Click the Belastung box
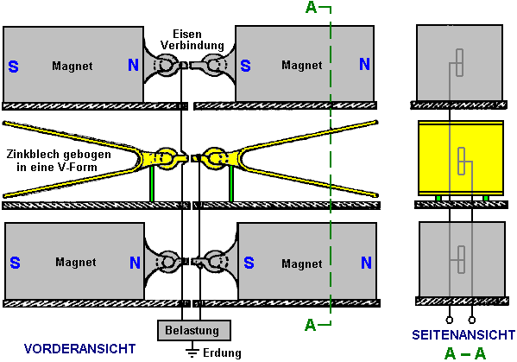pos(194,330)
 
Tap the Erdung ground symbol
pos(192,351)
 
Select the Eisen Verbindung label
pos(192,39)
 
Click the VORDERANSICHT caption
pos(79,349)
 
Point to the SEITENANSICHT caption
pos(463,335)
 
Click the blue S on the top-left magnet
pos(13,67)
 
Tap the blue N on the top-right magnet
pos(364,64)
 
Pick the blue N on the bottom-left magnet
pos(135,263)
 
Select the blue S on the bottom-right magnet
pos(249,263)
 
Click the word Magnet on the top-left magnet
pos(73,66)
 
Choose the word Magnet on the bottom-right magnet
pos(302,264)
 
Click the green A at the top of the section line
pos(311,7)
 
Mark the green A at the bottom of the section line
pos(310,325)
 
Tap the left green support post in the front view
pos(152,183)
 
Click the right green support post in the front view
pos(231,183)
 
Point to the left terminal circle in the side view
pos(449,320)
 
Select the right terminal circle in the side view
pos(472,320)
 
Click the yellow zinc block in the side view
pos(461,158)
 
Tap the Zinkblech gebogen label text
pos(59,161)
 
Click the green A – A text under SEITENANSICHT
pos(465,353)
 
